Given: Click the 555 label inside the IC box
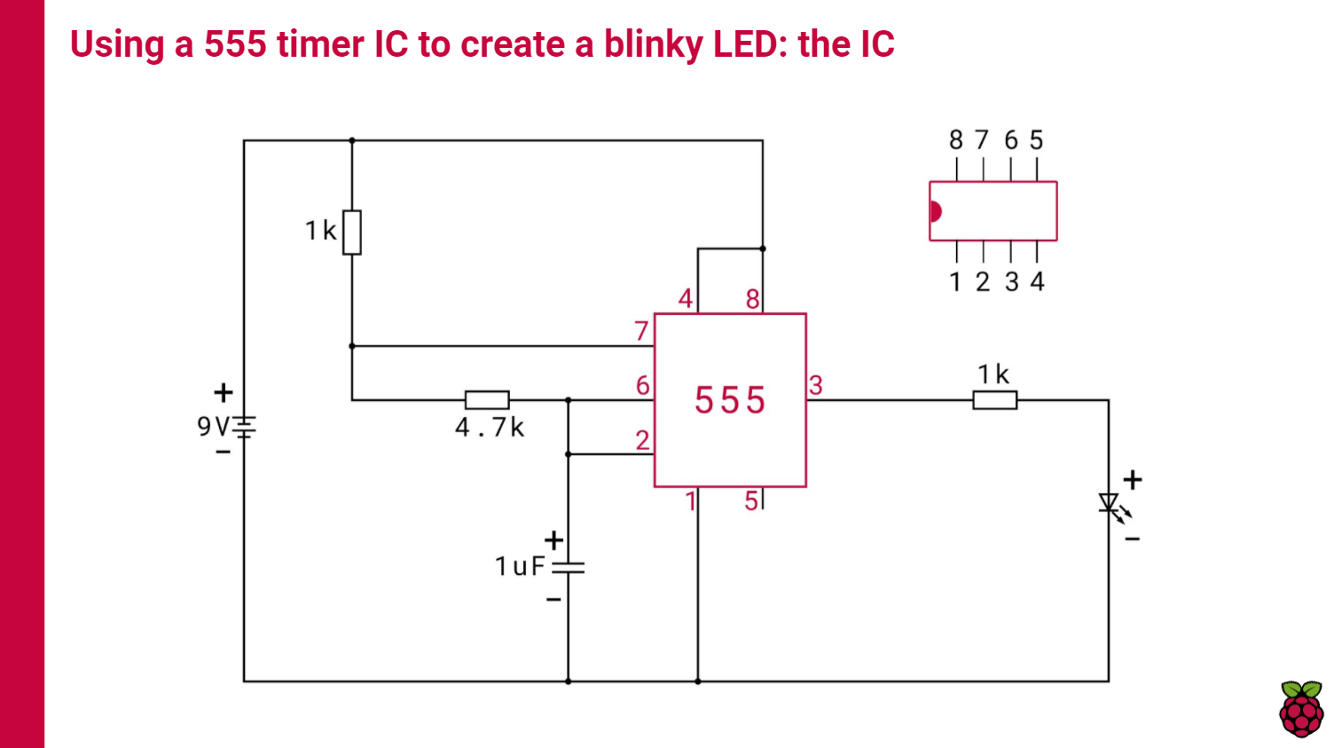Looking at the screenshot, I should [x=729, y=400].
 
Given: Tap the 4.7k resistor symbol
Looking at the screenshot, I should [x=487, y=400].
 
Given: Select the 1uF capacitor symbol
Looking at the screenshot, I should [x=568, y=567].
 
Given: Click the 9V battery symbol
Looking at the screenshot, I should [x=244, y=427].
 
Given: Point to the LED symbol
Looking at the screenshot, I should [x=1109, y=505].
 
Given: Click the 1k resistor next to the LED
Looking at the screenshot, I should [x=994, y=400].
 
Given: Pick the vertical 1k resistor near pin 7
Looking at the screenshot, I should [x=352, y=232].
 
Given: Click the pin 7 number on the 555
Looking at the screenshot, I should [x=641, y=331].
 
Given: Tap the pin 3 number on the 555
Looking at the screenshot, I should [x=816, y=385].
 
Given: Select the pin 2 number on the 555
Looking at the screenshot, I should [x=642, y=439].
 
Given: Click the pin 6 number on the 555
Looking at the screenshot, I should [x=642, y=385].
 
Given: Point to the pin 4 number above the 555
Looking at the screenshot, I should [x=685, y=299].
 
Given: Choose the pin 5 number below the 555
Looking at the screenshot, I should [x=751, y=501].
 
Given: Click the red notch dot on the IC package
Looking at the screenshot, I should [x=935, y=211].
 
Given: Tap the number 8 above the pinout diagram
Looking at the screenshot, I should [x=955, y=140].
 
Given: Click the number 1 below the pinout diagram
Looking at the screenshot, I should [x=955, y=282].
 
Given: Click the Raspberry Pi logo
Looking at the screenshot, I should [x=1301, y=709].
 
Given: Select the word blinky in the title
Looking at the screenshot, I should [x=653, y=44].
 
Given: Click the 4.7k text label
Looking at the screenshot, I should [x=489, y=428].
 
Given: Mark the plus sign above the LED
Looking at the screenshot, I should [x=1133, y=480].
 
